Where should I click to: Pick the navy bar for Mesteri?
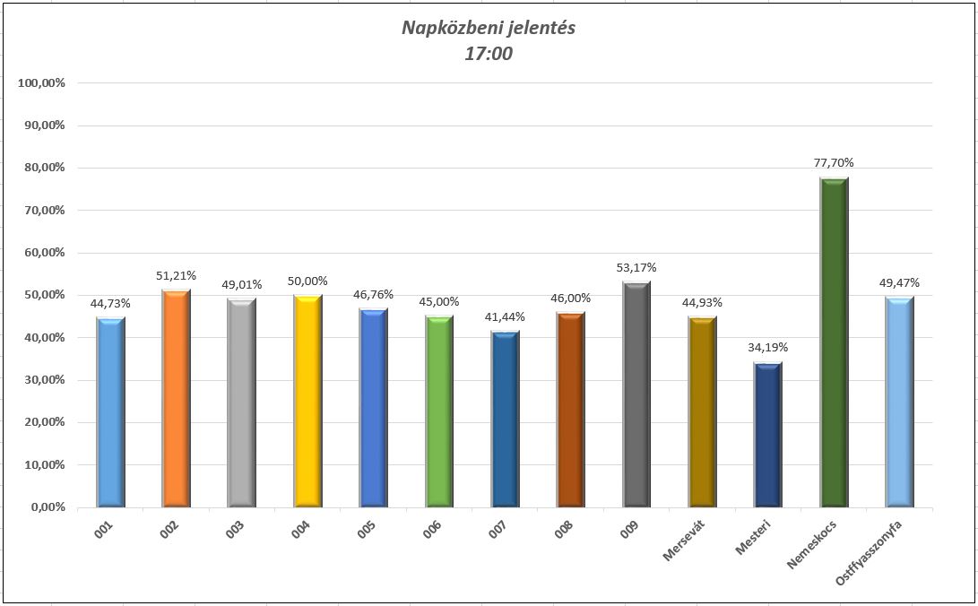pyautogui.click(x=768, y=435)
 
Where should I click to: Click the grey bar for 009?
pyautogui.click(x=636, y=394)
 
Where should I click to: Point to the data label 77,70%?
pyautogui.click(x=834, y=163)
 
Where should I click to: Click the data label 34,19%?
pyautogui.click(x=768, y=348)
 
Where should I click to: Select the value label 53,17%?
pyautogui.click(x=636, y=267)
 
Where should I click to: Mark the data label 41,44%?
pyautogui.click(x=505, y=317)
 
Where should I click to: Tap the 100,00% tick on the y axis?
pyautogui.click(x=41, y=83)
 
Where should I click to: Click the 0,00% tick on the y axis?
pyautogui.click(x=47, y=507)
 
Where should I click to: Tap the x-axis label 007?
pyautogui.click(x=498, y=528)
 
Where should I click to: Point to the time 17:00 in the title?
pyautogui.click(x=489, y=54)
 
